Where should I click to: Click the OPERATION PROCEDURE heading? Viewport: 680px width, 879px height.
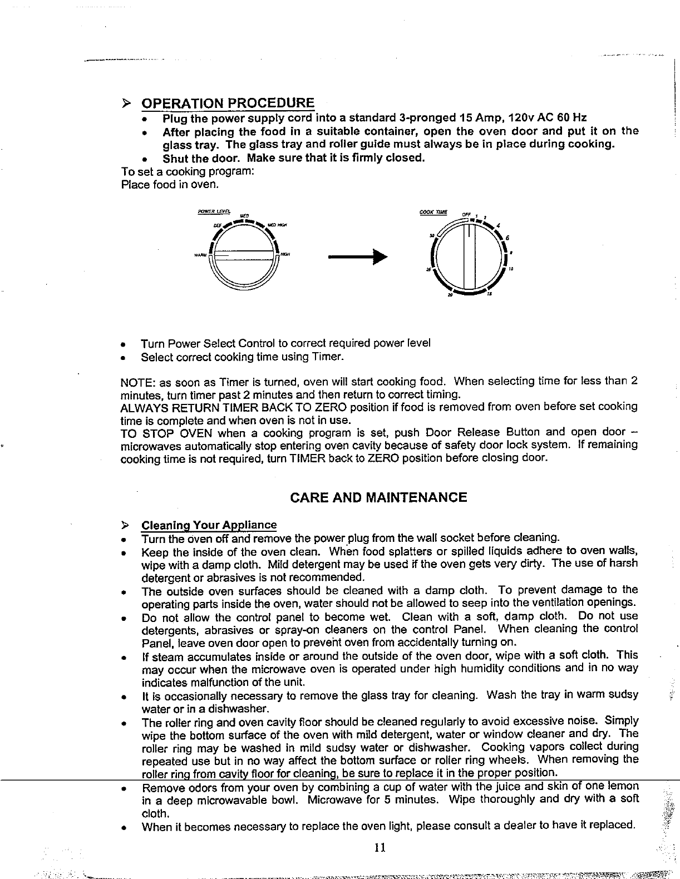pos(228,103)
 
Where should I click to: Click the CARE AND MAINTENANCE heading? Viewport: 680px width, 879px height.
pos(378,497)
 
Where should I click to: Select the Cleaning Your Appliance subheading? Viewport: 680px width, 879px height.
pos(209,525)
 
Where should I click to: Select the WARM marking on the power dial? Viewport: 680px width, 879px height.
pos(200,255)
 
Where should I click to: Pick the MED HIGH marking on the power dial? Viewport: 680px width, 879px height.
pos(277,225)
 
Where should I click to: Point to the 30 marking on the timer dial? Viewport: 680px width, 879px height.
pos(432,235)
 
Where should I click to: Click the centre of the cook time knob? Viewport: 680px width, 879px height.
pos(469,255)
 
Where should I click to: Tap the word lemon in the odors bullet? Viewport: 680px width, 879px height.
pos(624,786)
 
